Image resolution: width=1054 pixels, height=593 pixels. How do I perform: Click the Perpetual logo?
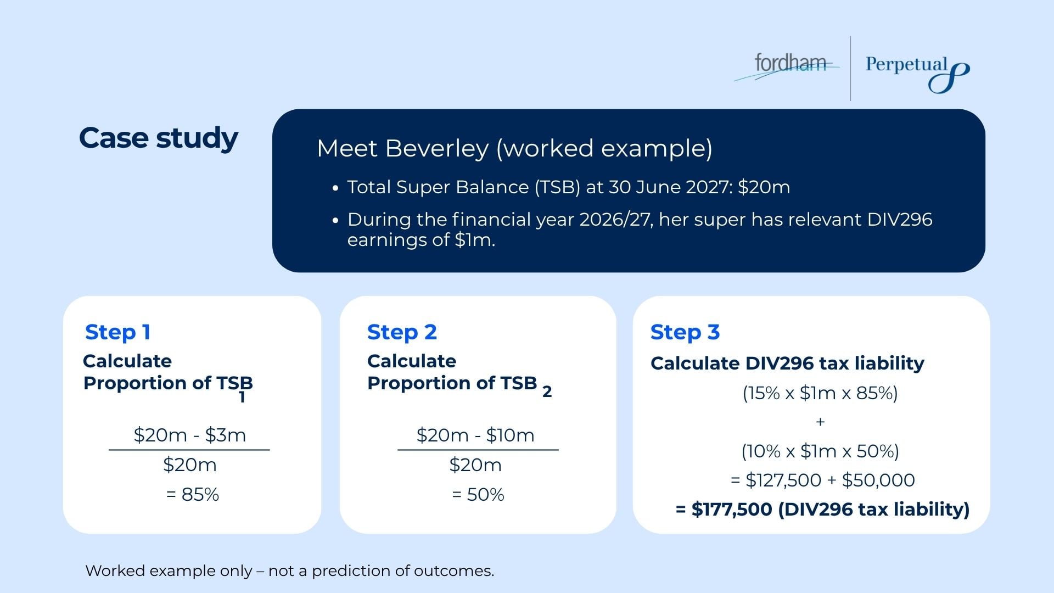coord(917,71)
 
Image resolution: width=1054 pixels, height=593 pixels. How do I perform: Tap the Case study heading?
coord(158,138)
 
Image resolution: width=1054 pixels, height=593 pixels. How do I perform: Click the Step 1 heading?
coord(117,332)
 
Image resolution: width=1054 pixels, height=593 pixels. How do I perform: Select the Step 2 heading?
coord(402,332)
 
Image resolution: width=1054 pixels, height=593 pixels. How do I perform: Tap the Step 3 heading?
coord(685,332)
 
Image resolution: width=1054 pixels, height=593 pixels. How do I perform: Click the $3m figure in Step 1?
coord(226,435)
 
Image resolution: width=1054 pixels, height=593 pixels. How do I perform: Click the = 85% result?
coord(192,495)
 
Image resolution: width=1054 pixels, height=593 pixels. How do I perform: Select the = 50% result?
coord(478,495)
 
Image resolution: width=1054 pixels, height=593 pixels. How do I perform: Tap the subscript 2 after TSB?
coord(547,392)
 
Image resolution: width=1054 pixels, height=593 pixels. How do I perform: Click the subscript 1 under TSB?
coord(242,398)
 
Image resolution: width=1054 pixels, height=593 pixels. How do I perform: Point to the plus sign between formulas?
coord(820,422)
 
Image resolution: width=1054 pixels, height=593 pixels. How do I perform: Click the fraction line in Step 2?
coord(478,450)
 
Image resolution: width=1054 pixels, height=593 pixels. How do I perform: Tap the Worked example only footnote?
coord(289,571)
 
